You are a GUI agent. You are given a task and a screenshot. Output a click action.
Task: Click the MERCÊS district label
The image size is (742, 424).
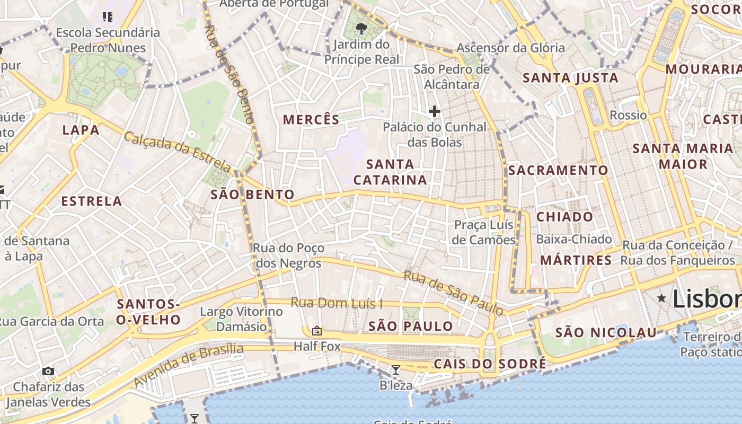pos(311,120)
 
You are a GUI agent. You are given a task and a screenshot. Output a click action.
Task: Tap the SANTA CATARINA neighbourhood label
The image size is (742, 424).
pos(390,172)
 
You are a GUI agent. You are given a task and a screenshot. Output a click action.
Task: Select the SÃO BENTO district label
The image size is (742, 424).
pos(252,195)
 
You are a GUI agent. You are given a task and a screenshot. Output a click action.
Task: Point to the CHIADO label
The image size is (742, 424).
pos(564,217)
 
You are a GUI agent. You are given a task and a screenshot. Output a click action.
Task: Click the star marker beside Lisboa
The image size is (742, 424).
pos(661,298)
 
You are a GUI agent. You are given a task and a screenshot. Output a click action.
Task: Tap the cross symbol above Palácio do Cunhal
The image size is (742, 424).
pos(434,111)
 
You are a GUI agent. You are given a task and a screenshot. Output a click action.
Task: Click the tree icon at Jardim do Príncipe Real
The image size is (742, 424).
pos(361,28)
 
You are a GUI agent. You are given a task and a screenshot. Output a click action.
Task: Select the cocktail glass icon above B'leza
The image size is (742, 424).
pos(395,369)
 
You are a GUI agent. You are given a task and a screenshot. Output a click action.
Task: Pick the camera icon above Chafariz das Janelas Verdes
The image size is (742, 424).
pos(48,371)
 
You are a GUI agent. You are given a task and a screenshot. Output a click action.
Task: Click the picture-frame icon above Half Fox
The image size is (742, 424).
pos(317,331)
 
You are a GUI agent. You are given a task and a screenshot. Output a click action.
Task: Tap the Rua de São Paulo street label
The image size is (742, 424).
pos(453,292)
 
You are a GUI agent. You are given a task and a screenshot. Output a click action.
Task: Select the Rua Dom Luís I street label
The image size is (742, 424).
pos(337,303)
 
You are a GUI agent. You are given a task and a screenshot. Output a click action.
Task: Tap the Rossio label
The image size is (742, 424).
pos(628,115)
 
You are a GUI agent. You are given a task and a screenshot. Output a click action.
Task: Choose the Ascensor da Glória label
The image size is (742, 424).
pos(510,48)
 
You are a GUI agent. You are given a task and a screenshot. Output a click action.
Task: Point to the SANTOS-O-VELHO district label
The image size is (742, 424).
pos(148,312)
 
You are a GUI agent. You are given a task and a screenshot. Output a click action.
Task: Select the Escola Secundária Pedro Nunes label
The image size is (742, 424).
pos(108,40)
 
